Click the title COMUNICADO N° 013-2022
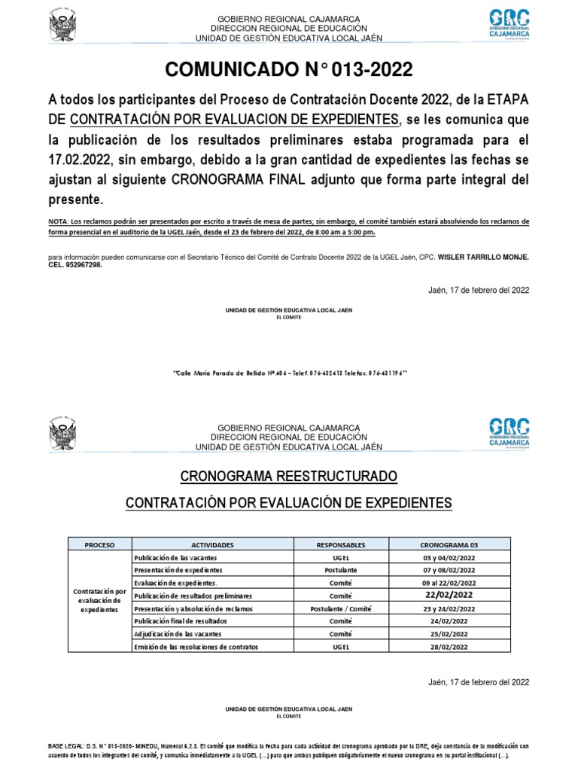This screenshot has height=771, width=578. click(x=289, y=70)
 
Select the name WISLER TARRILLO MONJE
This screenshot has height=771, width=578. click(x=475, y=257)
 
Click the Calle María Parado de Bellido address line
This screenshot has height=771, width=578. click(x=289, y=373)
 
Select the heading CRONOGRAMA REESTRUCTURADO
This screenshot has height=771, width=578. click(x=289, y=477)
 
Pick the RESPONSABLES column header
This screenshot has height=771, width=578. click(x=340, y=544)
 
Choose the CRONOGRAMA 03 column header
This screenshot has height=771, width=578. click(x=449, y=544)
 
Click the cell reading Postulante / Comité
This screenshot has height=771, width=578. click(x=340, y=608)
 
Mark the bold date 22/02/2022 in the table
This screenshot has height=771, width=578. click(x=449, y=595)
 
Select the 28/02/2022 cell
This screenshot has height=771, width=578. click(x=449, y=647)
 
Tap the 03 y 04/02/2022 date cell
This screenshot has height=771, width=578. click(x=449, y=557)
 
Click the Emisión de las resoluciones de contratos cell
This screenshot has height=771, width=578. click(x=195, y=647)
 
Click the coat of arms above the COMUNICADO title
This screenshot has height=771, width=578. click(x=64, y=26)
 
